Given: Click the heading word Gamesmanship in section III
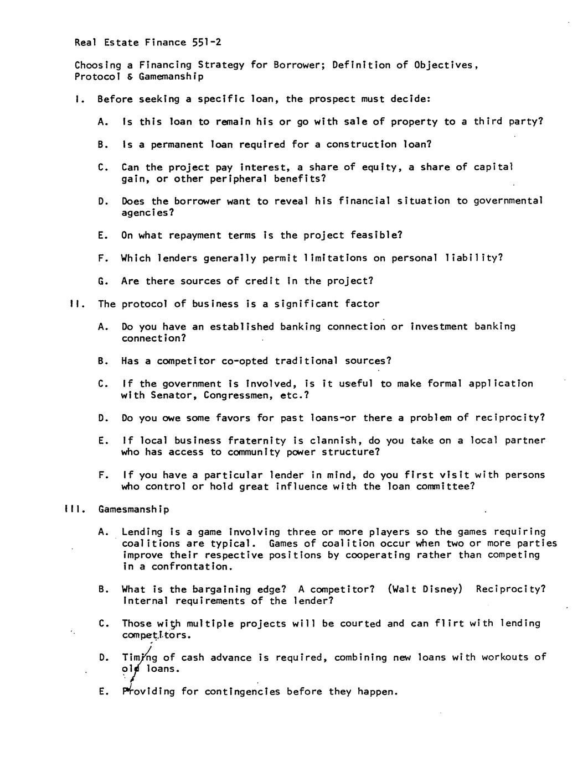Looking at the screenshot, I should pos(133,509).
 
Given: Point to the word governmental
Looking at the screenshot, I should pos(508,201).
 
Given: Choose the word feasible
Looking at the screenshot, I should pos(376,235).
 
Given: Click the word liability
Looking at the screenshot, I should pos(473,258).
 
